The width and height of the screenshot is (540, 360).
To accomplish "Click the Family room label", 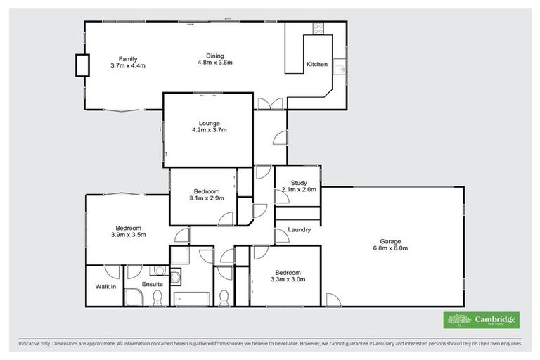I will [x=127, y=58].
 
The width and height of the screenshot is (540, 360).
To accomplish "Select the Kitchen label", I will [x=316, y=65].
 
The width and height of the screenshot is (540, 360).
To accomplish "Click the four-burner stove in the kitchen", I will [x=318, y=29].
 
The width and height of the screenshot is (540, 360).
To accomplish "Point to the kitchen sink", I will [x=340, y=69].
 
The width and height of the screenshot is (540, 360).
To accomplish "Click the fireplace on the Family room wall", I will [x=82, y=65].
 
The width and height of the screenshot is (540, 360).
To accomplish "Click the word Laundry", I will [x=299, y=230].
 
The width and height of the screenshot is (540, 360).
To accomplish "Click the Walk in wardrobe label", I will [x=105, y=286].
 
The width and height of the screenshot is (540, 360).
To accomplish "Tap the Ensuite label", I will [x=152, y=284].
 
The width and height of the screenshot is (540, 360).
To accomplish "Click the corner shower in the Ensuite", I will [x=134, y=298].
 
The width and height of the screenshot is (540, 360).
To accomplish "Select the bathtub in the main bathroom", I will [x=191, y=298].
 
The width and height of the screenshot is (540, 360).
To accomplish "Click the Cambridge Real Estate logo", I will [x=481, y=321].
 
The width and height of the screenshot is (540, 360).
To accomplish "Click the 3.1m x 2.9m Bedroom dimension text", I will [x=206, y=198].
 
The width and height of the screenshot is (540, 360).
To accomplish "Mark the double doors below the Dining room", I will [x=270, y=104].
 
